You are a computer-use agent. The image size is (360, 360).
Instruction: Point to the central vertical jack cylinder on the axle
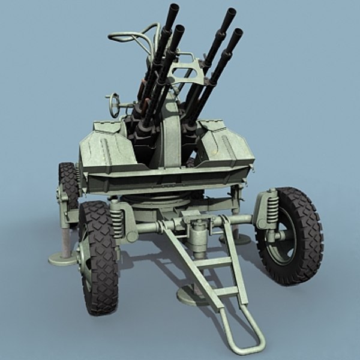(196, 234)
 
